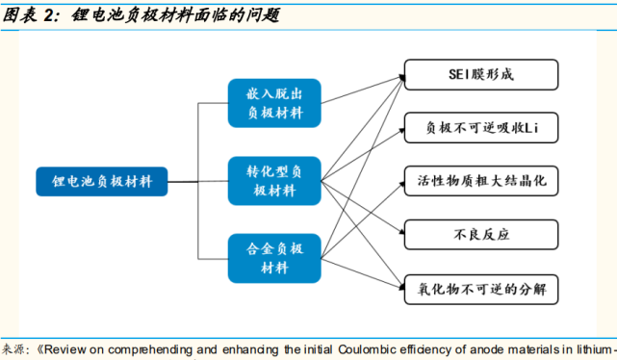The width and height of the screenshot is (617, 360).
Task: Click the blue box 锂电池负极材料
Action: click(102, 180)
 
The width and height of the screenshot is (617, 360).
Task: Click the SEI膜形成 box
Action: click(480, 73)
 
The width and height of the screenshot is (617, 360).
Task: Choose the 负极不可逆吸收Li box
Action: click(480, 126)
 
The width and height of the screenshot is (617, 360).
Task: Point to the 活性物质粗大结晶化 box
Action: click(480, 180)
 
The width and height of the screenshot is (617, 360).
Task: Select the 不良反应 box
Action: click(480, 233)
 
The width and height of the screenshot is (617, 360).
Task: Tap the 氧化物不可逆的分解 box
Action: click(480, 287)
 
